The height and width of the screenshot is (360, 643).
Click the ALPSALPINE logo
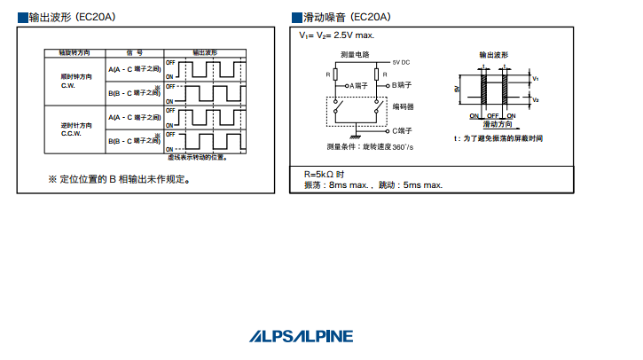[302, 336]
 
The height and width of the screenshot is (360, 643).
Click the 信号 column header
[134, 53]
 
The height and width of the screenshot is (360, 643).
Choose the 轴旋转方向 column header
[75, 53]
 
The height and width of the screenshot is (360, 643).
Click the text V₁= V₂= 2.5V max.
[337, 35]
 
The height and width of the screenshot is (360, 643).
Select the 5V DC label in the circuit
[400, 63]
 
